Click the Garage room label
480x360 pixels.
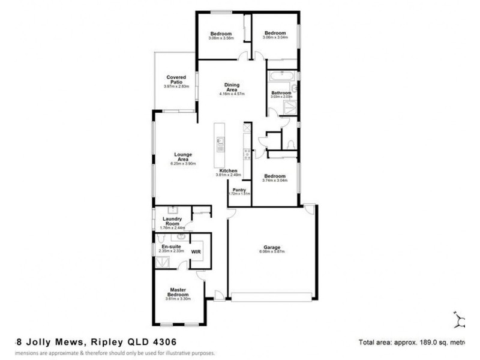click(x=272, y=247)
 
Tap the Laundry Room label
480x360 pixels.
click(x=172, y=222)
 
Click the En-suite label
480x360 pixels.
click(x=164, y=246)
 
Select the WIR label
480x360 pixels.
click(x=196, y=252)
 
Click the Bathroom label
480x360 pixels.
click(x=281, y=92)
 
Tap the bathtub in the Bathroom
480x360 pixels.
click(x=281, y=76)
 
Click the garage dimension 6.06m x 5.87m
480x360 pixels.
click(x=272, y=252)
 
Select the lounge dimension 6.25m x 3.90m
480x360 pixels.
click(x=184, y=163)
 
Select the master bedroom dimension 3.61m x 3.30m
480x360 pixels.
click(x=178, y=299)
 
